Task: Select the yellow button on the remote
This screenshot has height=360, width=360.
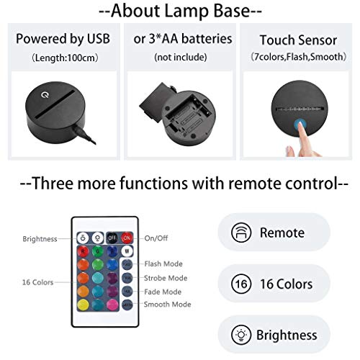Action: point(81,305)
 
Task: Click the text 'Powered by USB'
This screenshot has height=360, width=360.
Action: point(61,38)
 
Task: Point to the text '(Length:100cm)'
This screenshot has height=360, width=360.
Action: point(61,55)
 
